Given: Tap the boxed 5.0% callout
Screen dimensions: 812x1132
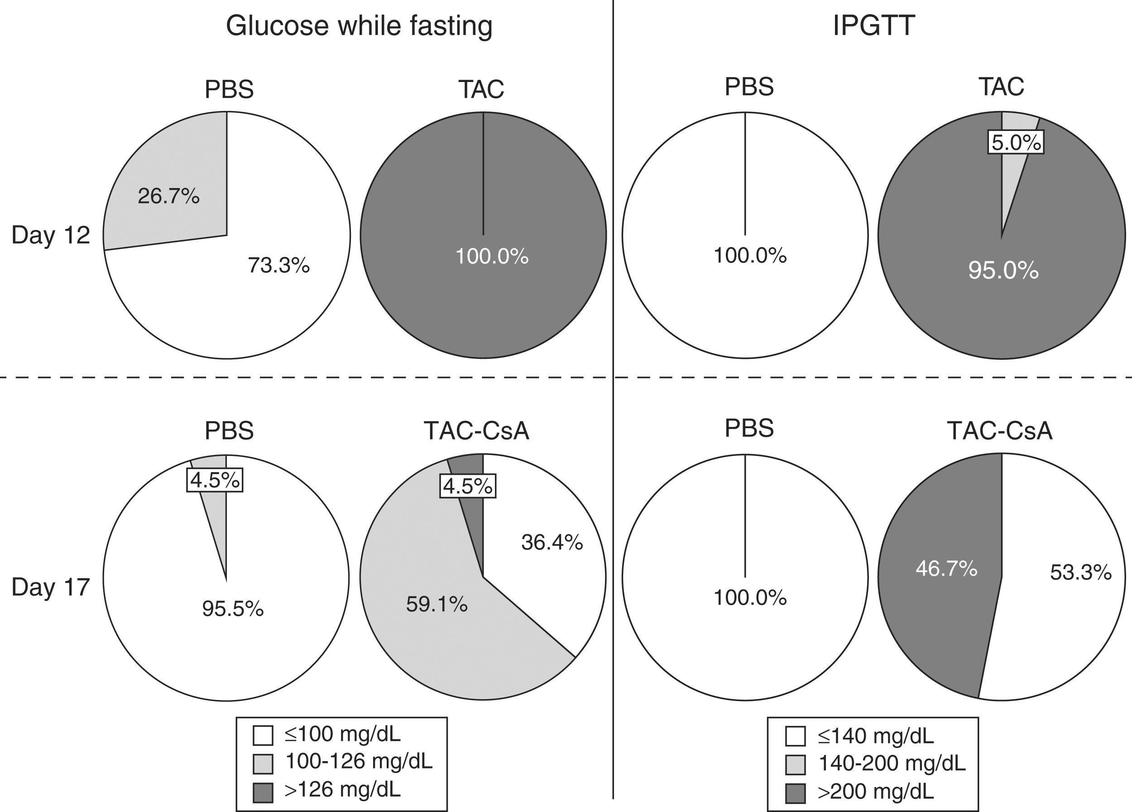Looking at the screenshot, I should click(1016, 143).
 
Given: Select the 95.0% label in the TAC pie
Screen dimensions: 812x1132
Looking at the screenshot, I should click(1003, 270).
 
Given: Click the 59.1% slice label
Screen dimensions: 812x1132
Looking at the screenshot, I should click(437, 605).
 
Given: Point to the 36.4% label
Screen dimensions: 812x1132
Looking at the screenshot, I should click(552, 542).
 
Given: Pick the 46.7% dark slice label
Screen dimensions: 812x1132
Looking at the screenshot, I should click(946, 569).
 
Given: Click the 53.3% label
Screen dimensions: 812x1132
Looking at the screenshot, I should click(1080, 573).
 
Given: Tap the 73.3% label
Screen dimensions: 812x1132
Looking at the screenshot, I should click(278, 266).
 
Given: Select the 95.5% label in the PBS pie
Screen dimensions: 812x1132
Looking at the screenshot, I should click(233, 609).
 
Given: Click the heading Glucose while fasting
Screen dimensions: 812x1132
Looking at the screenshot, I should click(359, 26).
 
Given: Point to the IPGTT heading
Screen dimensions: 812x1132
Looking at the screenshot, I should click(873, 26).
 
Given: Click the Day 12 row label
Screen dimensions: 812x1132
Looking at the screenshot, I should click(50, 235).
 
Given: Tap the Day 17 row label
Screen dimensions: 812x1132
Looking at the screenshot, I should click(50, 587).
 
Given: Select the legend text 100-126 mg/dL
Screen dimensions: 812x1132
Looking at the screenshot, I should click(358, 762).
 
